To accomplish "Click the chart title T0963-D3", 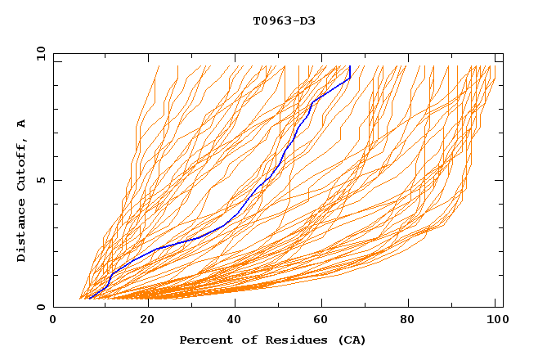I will (x=284, y=20).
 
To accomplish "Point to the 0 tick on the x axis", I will (x=53, y=321).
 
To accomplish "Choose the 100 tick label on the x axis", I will (x=493, y=321).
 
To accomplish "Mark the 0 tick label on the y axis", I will (x=40, y=308).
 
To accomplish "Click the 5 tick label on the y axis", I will (x=40, y=180).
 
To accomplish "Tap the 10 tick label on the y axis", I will (x=37, y=53).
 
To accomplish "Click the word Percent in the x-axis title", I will (x=205, y=340).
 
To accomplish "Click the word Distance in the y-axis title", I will (x=21, y=232).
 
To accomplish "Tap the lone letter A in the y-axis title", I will (x=21, y=124).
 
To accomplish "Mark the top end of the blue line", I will (x=349, y=66).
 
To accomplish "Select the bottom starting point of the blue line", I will (x=89, y=298).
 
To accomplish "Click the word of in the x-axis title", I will (x=244, y=340).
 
